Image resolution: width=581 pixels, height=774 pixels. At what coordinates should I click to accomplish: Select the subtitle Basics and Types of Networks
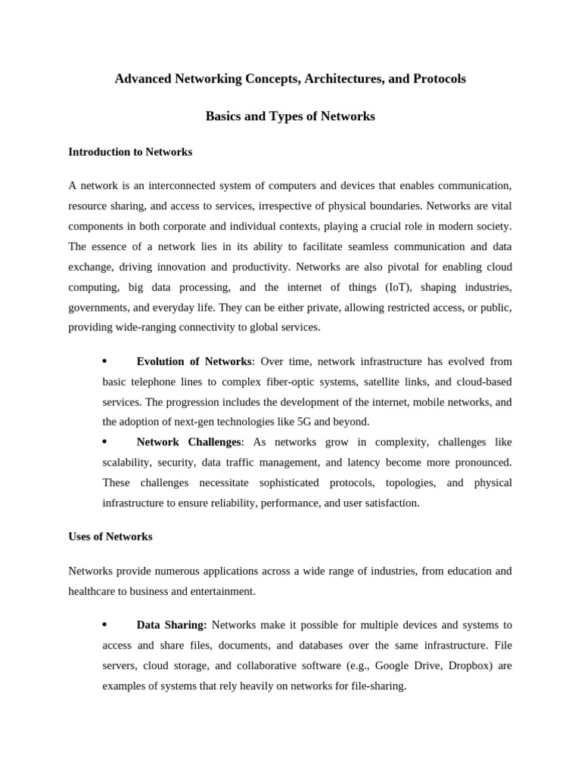290,116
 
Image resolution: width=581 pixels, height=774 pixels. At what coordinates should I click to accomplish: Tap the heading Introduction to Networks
130,152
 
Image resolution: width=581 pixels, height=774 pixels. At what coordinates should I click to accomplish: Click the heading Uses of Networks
110,537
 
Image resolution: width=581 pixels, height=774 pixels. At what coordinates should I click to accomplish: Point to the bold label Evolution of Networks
194,362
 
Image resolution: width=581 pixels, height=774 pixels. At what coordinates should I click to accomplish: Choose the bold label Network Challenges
188,441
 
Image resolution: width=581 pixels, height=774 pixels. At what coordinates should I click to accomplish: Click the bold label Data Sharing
172,625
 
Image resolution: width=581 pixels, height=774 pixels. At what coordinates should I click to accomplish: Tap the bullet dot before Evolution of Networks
104,361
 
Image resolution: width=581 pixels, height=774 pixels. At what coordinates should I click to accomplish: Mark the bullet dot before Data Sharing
104,624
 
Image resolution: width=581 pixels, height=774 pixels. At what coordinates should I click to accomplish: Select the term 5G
300,422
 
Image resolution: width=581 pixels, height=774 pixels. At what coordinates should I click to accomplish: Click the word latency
368,462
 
